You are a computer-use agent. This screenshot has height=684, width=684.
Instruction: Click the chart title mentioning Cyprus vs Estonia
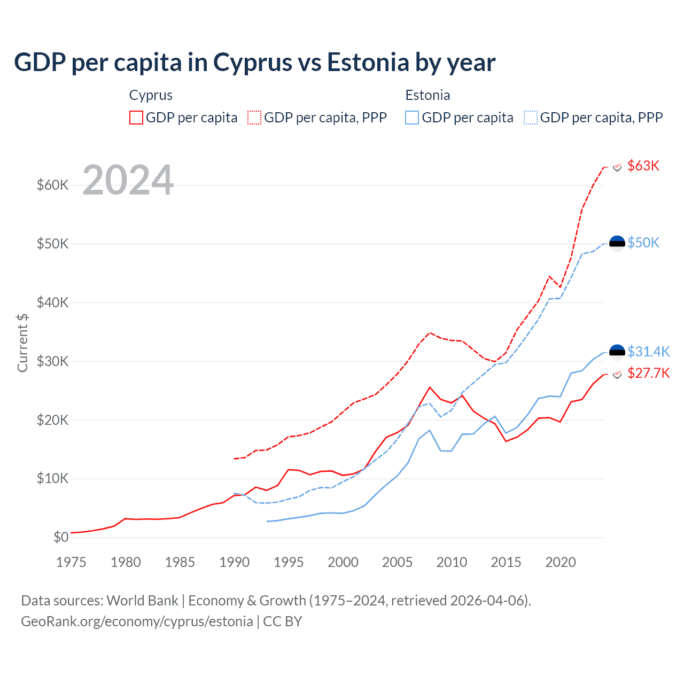click(x=254, y=63)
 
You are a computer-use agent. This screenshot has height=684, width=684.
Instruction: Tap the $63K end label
click(x=643, y=166)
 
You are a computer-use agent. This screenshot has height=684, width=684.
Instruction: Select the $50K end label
click(x=643, y=243)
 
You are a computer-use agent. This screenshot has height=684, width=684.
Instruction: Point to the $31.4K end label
click(x=648, y=352)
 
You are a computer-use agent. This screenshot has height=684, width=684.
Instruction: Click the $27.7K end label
click(x=648, y=373)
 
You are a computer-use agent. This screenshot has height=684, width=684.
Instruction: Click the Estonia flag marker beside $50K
click(x=617, y=243)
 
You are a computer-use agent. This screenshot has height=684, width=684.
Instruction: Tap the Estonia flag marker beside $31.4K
click(x=617, y=352)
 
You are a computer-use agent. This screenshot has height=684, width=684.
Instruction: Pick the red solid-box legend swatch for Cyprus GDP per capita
click(x=136, y=118)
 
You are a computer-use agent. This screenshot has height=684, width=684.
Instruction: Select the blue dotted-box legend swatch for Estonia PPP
click(x=531, y=118)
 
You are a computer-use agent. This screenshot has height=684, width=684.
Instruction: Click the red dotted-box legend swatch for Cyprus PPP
click(x=254, y=118)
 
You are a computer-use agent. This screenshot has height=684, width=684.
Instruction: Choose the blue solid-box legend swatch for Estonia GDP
click(x=412, y=118)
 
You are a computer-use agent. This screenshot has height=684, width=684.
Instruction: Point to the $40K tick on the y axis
click(x=52, y=303)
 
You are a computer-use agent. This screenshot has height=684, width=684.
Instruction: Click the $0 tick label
click(x=61, y=538)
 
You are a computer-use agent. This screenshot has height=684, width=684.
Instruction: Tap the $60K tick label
click(x=52, y=185)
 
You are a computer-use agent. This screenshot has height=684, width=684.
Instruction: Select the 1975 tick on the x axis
click(x=71, y=562)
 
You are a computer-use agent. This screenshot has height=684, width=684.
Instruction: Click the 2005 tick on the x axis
click(x=397, y=562)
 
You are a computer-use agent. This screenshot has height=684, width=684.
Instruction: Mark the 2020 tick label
click(x=561, y=562)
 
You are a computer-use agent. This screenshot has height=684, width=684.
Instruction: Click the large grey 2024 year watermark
click(x=128, y=180)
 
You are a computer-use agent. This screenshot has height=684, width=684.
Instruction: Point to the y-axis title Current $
click(x=22, y=343)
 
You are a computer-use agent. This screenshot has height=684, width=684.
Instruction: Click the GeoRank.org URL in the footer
click(x=137, y=621)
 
